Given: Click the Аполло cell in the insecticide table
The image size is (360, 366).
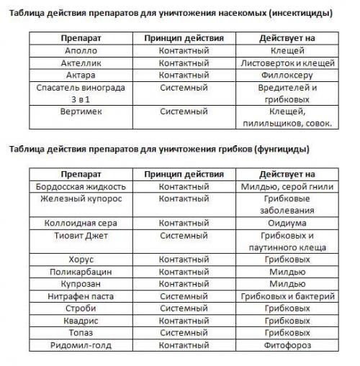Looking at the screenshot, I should coord(80,51).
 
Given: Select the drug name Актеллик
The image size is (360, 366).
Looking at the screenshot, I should coord(80,63).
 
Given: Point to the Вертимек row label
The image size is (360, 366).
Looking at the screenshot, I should coord(80,111).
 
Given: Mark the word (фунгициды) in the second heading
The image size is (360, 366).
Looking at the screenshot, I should coord(276,150).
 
